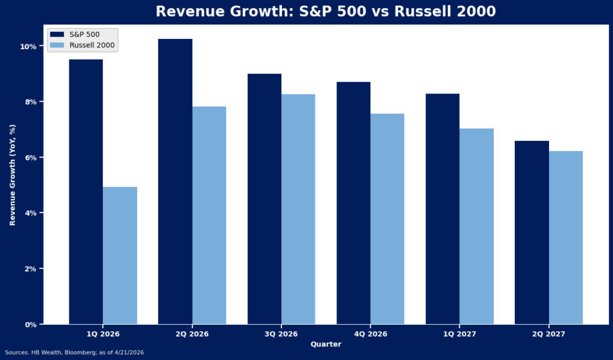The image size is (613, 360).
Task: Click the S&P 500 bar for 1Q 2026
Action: pyautogui.click(x=86, y=192)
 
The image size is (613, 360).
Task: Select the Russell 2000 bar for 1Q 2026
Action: pyautogui.click(x=120, y=256)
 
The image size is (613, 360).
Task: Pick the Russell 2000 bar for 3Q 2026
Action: pyautogui.click(x=298, y=209)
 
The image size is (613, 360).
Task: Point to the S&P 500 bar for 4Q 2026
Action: pyautogui.click(x=353, y=203)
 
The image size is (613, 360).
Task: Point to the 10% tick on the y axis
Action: pyautogui.click(x=29, y=47)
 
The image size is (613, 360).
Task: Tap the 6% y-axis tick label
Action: pyautogui.click(x=31, y=158)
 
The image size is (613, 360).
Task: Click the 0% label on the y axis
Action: pyautogui.click(x=31, y=325)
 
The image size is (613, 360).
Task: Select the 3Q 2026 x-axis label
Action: pyautogui.click(x=281, y=334)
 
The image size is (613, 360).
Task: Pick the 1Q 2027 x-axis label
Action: pyautogui.click(x=459, y=334)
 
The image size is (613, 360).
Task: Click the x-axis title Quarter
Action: pyautogui.click(x=326, y=344)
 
